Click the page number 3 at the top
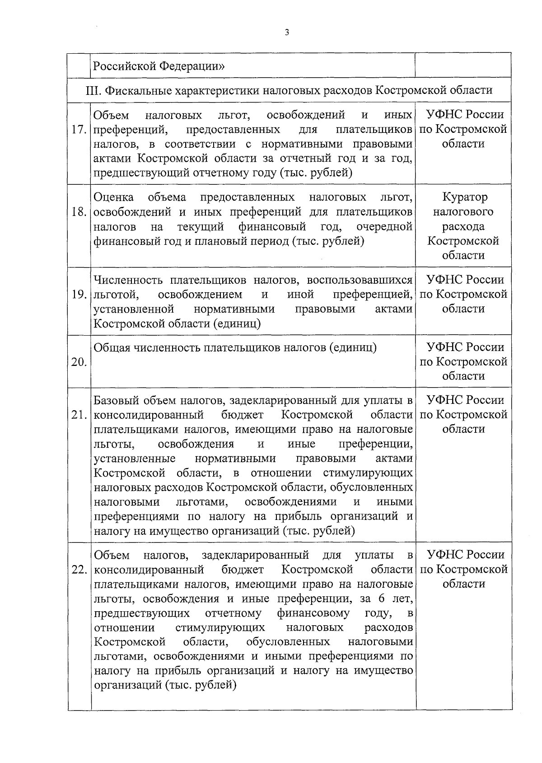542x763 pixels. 287,32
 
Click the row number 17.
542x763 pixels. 79,130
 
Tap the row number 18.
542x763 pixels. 79,212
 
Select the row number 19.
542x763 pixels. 79,295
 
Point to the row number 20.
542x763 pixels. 79,362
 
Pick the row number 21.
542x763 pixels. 79,415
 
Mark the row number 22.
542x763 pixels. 79,570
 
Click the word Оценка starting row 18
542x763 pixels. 113,197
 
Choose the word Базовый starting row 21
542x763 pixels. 116,400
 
